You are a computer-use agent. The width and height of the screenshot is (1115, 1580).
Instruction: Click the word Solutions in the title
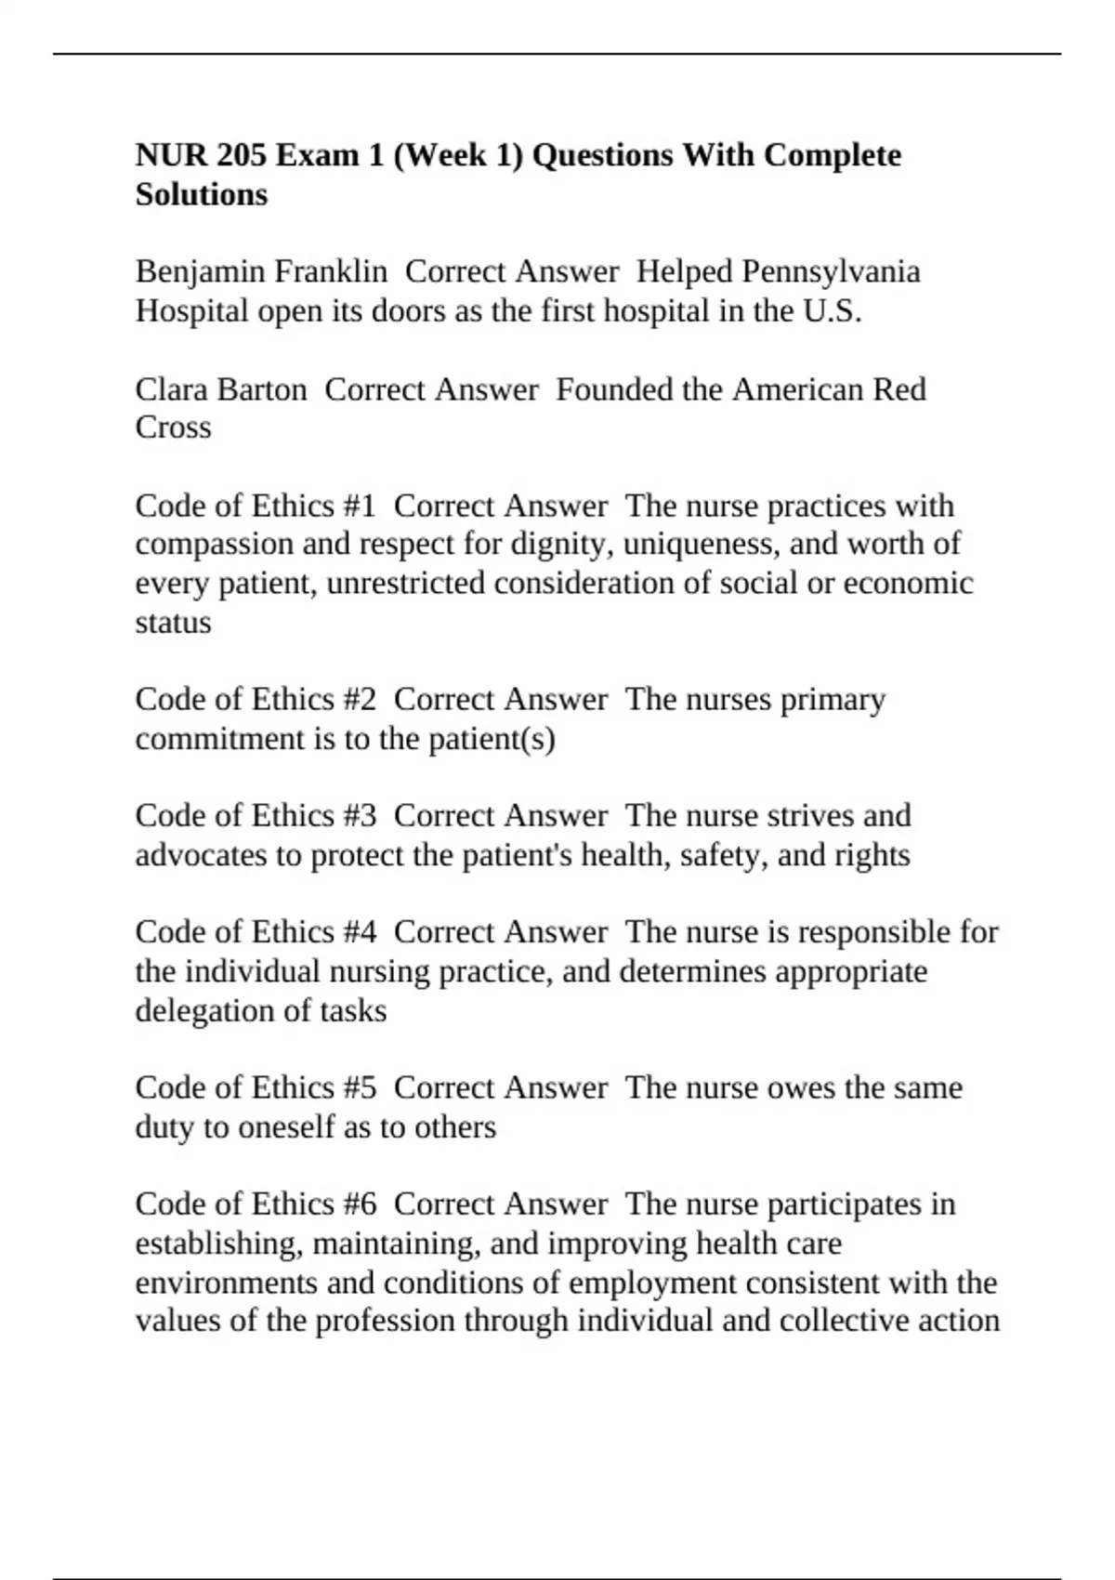pos(202,194)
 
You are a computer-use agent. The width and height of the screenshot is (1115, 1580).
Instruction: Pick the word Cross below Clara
pos(173,428)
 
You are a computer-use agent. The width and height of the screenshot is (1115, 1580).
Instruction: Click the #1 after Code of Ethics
pos(359,506)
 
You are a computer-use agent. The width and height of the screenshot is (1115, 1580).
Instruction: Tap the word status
pos(173,622)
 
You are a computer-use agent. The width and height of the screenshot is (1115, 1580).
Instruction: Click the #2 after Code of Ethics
pos(359,699)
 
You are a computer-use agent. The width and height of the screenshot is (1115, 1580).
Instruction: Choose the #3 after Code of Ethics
pos(359,815)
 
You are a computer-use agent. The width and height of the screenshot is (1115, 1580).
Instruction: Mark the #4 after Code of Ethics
pos(359,931)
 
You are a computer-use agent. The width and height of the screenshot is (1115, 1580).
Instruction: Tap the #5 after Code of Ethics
pos(359,1087)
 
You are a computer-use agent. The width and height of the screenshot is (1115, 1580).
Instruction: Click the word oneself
pos(286,1127)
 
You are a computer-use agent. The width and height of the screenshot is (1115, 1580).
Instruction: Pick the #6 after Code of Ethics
pos(359,1204)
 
